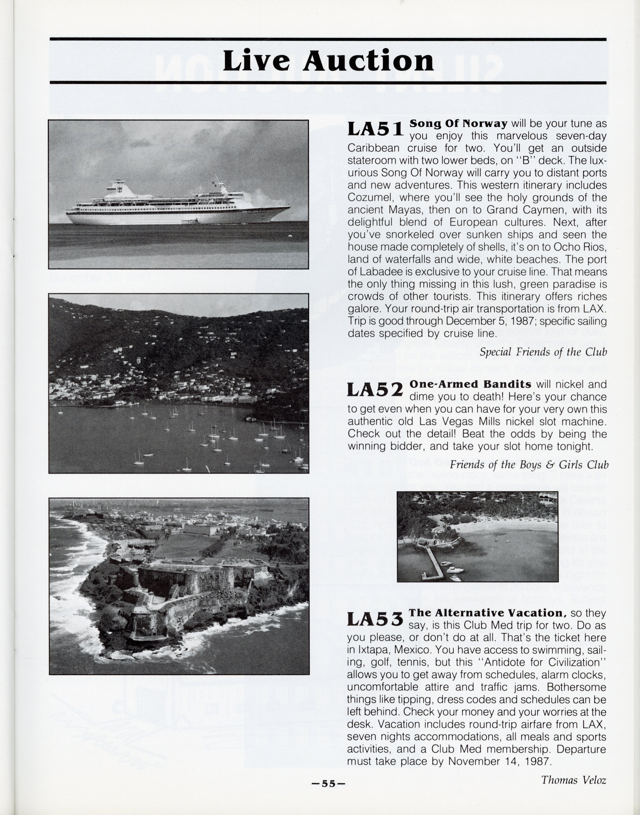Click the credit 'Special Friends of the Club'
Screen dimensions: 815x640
(x=543, y=352)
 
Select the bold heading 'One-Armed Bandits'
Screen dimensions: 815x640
(x=470, y=384)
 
